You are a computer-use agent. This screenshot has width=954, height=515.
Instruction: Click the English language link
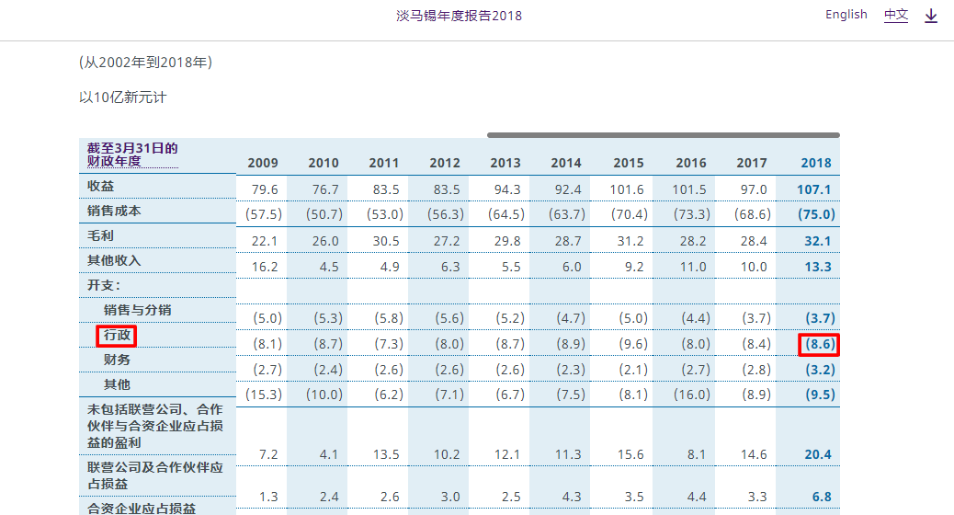(x=846, y=15)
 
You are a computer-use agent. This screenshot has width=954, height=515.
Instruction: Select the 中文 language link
(x=895, y=15)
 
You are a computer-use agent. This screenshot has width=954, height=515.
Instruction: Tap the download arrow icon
(x=931, y=16)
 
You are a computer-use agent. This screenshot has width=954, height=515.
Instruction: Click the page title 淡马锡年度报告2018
(x=459, y=16)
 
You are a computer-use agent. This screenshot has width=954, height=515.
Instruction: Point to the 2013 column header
(x=505, y=163)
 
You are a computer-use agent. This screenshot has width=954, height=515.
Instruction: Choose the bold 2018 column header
(x=815, y=163)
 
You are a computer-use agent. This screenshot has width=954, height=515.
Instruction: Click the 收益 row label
(x=101, y=187)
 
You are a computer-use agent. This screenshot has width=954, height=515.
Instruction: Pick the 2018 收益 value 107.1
(x=815, y=189)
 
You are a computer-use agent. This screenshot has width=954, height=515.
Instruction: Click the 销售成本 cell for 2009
(x=263, y=214)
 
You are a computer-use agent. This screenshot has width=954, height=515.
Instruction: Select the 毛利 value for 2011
(x=384, y=240)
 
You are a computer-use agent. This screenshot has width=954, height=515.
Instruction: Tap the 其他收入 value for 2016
(x=691, y=267)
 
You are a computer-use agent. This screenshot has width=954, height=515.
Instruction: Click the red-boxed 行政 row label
(x=118, y=336)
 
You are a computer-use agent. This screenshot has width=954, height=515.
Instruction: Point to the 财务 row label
(x=118, y=360)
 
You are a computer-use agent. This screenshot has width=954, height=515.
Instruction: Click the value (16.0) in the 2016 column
(x=691, y=395)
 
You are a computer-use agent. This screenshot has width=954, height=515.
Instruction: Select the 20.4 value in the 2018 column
(x=815, y=454)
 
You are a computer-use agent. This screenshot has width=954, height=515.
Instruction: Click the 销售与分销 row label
(x=138, y=310)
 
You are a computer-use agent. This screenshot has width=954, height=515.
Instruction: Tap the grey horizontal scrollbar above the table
(x=663, y=135)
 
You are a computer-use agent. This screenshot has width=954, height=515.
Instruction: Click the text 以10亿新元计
(x=122, y=97)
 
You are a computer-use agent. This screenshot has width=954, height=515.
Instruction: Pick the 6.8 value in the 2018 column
(x=821, y=497)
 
